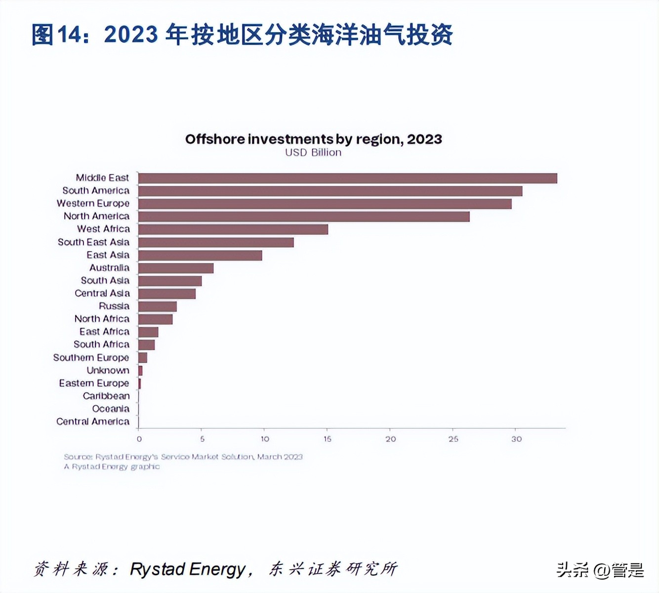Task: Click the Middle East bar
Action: [347, 178]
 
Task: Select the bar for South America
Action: [330, 191]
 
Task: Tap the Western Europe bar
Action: [325, 204]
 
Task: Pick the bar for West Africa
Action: [233, 229]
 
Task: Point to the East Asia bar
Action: [200, 255]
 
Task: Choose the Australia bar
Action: [176, 268]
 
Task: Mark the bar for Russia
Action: [157, 306]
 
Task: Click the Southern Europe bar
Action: [143, 358]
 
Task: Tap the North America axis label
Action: [96, 216]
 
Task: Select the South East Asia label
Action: [93, 242]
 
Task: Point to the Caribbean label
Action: [106, 396]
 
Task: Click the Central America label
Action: [93, 422]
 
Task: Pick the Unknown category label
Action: [108, 370]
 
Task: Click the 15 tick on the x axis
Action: [328, 439]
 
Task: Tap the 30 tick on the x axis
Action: [516, 439]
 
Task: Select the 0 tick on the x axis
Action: [139, 439]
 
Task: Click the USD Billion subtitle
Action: [313, 153]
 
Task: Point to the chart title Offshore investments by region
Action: [313, 139]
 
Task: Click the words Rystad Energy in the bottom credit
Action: [187, 569]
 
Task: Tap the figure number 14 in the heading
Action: [69, 35]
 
